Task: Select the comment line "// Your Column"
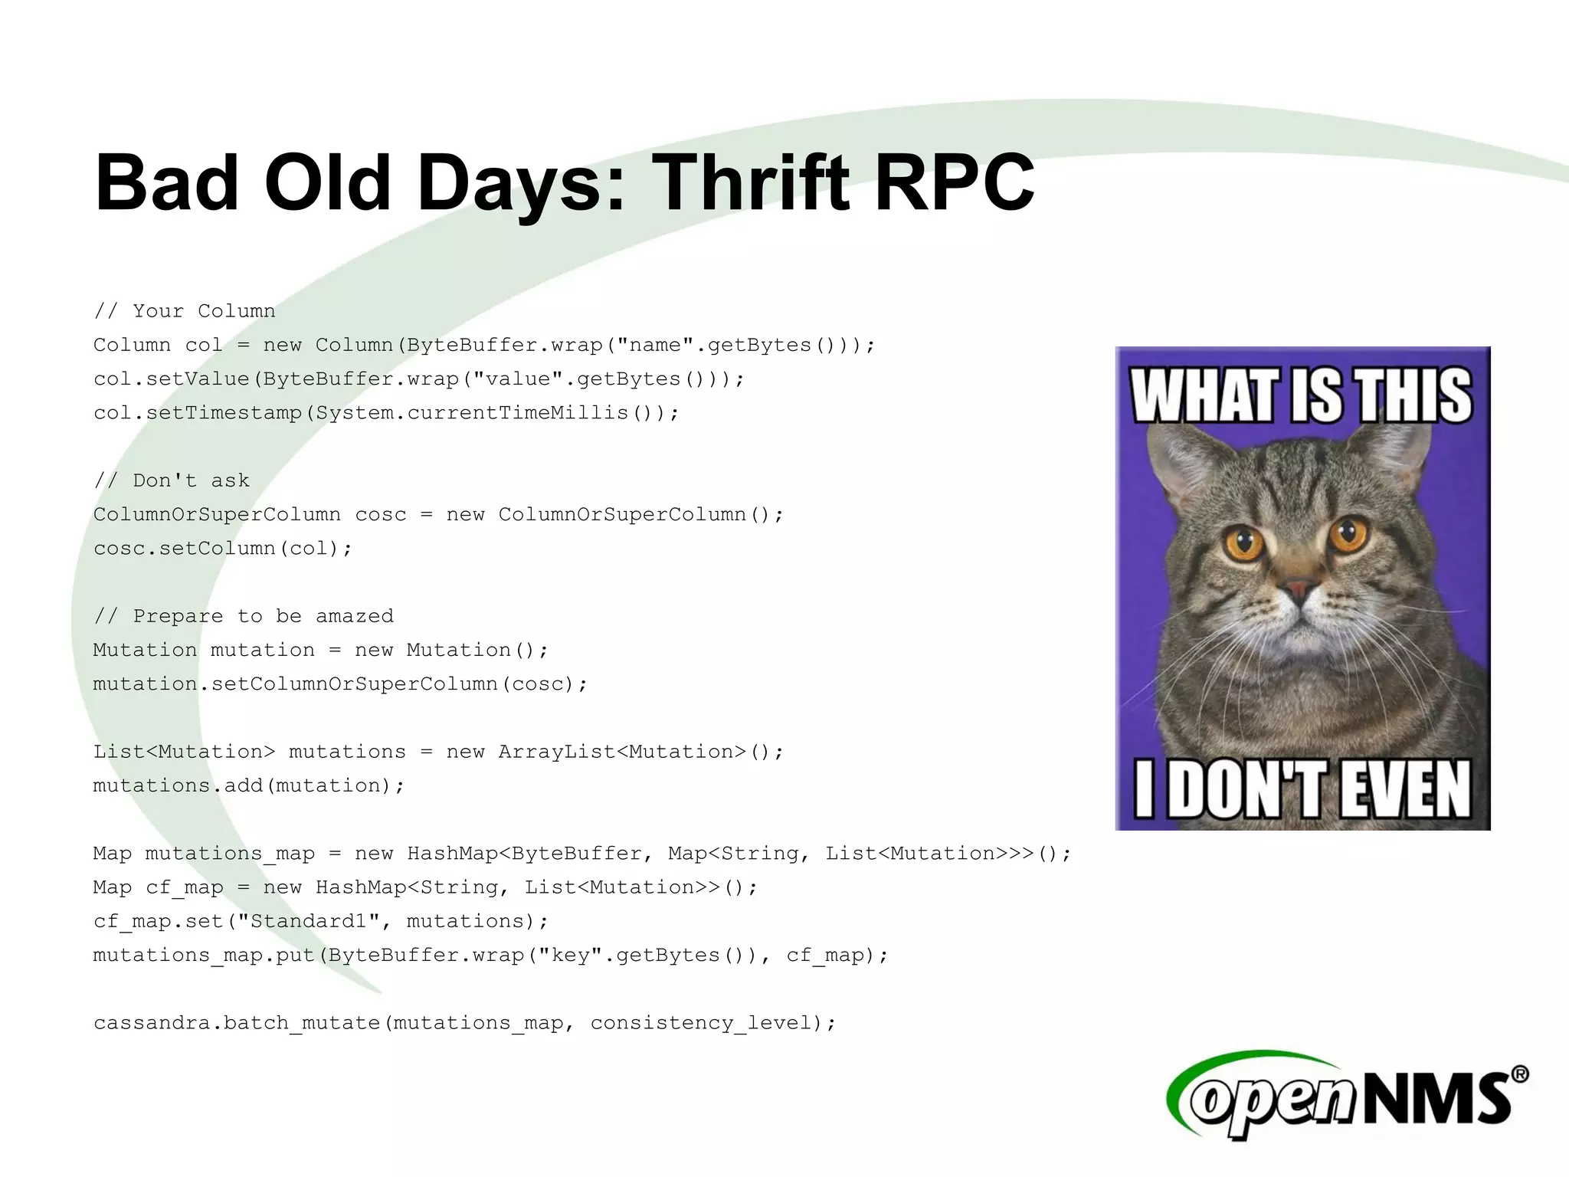(x=184, y=311)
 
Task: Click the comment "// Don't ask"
(x=172, y=480)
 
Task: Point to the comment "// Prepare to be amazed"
(x=244, y=616)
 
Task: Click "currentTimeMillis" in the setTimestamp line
(x=518, y=413)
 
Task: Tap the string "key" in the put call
(x=571, y=955)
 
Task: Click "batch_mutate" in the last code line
(x=302, y=1023)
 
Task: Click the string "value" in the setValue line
(x=525, y=379)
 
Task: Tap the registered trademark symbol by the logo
(x=1520, y=1074)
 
